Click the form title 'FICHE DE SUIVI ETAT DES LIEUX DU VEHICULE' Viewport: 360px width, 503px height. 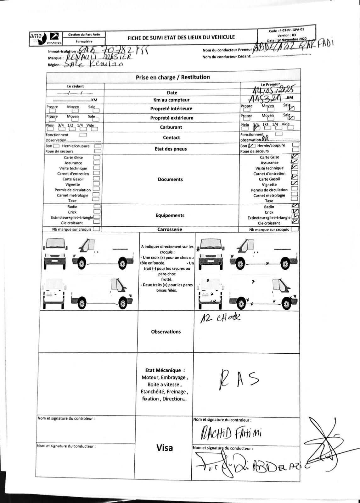[181, 37]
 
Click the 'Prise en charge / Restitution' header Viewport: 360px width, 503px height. [173, 77]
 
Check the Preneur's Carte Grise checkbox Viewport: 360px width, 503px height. [295, 157]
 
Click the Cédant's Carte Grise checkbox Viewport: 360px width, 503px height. [97, 157]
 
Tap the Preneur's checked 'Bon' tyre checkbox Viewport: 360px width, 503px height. [252, 146]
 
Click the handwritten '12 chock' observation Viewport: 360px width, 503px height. [221, 318]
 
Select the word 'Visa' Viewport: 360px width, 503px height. [165, 448]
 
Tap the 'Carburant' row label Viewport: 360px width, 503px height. [170, 127]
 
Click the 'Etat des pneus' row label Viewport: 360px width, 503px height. [171, 149]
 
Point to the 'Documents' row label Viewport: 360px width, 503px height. [170, 179]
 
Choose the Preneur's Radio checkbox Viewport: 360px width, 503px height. [295, 206]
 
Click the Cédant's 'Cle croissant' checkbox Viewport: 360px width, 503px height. [97, 222]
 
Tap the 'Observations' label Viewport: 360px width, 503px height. [166, 332]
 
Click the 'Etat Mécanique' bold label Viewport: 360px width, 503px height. [165, 370]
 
